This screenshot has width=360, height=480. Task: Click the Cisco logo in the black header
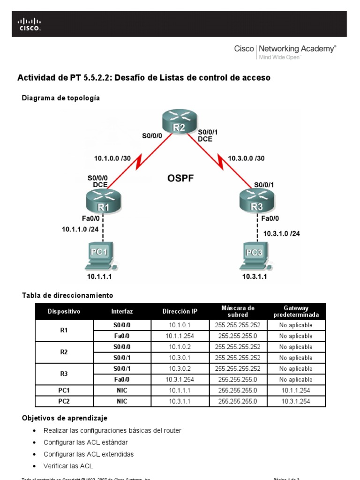[x=29, y=24]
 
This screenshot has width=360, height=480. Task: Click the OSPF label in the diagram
[x=180, y=178]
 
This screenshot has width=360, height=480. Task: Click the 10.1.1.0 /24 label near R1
[x=80, y=229]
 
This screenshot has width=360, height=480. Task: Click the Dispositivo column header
[x=64, y=311]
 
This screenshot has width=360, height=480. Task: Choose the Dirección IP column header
[x=180, y=311]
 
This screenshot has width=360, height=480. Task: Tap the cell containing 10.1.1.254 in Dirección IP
[x=180, y=336]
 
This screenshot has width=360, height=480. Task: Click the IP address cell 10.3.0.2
[x=180, y=369]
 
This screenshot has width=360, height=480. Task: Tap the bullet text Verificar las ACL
[x=68, y=466]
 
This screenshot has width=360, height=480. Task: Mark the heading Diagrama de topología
[x=61, y=98]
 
